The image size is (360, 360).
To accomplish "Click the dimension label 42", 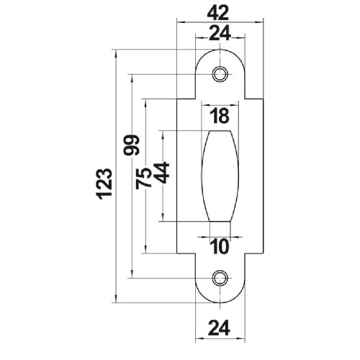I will click(220, 13).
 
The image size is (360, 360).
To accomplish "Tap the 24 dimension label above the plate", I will click(220, 34).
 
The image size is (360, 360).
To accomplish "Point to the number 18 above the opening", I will click(220, 116).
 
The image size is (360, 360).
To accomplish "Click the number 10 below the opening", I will click(220, 247).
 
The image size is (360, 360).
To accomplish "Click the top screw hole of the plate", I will click(220, 74).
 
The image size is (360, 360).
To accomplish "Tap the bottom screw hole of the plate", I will click(220, 276).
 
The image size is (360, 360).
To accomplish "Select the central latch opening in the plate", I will click(220, 175).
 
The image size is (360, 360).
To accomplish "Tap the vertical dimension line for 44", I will click(165, 202).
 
